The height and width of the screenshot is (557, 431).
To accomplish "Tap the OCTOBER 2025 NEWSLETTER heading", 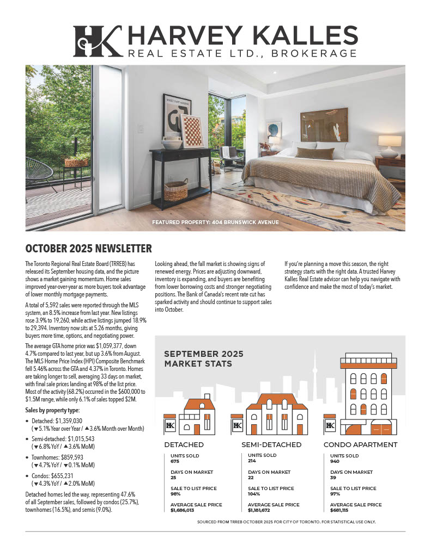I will (x=88, y=249).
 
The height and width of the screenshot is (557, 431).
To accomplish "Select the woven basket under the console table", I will (x=175, y=191).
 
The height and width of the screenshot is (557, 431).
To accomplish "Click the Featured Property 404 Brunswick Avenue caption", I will (x=215, y=222).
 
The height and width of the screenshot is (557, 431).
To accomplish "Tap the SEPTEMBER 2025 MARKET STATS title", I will (x=204, y=358).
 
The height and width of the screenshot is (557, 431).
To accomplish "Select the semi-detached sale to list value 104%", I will (x=254, y=494).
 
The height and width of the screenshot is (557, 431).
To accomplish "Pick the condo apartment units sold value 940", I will (x=335, y=461).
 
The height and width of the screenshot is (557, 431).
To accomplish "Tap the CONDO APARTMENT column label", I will (x=360, y=444).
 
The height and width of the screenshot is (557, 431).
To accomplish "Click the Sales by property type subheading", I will (x=52, y=410).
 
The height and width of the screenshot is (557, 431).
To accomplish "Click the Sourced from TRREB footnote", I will (x=286, y=522).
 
